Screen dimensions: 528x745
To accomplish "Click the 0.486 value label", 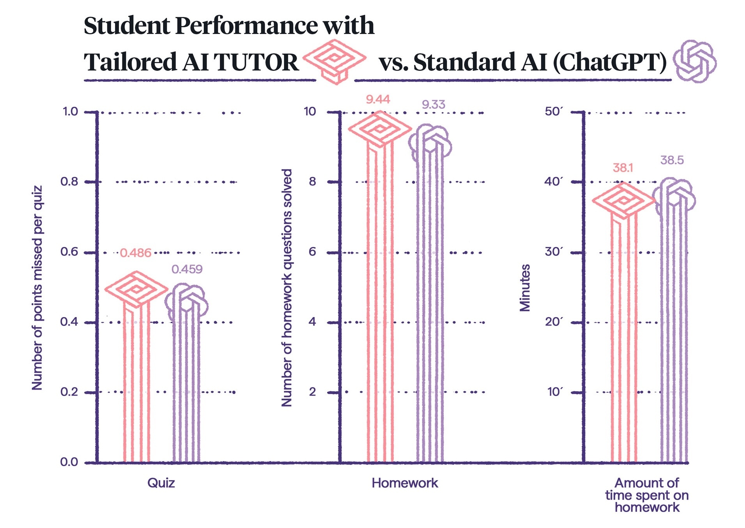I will (135, 253).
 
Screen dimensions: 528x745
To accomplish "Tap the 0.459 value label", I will (187, 269).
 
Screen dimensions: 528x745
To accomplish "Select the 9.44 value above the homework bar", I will (377, 99).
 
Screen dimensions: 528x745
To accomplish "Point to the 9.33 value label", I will (433, 104).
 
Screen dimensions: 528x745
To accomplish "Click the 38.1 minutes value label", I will (623, 168).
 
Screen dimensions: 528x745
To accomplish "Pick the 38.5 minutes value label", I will (672, 160).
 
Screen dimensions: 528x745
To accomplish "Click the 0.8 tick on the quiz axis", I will (69, 182).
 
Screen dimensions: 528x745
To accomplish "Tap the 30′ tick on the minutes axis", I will (554, 252).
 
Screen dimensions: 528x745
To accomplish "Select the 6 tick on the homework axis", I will (312, 252).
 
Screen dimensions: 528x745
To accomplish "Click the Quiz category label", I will (161, 483).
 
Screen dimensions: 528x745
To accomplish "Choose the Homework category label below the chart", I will (405, 483).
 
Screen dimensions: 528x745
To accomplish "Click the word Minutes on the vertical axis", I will (525, 288).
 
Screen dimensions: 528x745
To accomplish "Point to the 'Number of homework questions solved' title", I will (287, 288).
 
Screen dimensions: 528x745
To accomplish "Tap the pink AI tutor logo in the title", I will (334, 61).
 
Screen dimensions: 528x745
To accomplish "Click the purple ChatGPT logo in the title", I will (695, 61).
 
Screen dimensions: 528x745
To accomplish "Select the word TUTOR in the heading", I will (256, 62).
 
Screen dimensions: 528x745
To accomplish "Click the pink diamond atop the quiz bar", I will (136, 289).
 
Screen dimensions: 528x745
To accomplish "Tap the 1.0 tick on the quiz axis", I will (70, 112).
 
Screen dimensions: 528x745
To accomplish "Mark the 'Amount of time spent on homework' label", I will (647, 495).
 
